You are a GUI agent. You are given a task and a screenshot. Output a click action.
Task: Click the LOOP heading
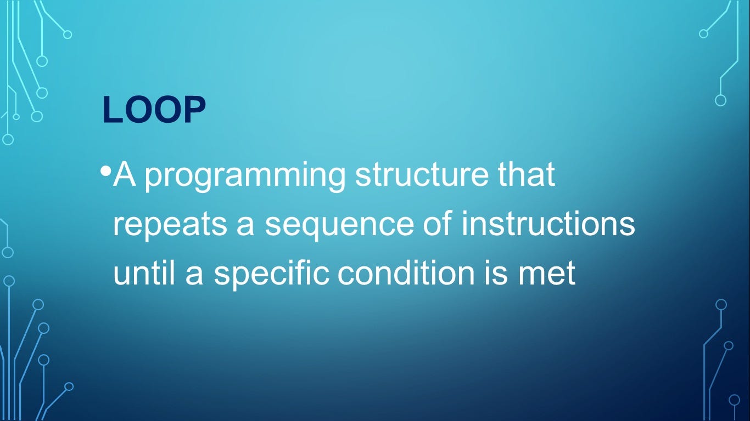coord(154,110)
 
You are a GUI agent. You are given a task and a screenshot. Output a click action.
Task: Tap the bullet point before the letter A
coord(106,171)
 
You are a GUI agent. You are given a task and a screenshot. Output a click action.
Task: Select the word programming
coord(244,176)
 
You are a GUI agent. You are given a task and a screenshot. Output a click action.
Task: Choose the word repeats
coord(170,225)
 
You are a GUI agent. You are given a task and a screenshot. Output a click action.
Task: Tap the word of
coord(437,224)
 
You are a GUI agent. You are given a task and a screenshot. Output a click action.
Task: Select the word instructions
coord(548,224)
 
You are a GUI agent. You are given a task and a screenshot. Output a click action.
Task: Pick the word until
coord(144,273)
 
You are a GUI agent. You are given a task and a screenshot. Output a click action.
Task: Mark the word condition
coord(406,273)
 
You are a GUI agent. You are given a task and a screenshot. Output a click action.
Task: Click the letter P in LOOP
coord(194,110)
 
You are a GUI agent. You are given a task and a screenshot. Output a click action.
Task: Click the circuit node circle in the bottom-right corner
coord(734,400)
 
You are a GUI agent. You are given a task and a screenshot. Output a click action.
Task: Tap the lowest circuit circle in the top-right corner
coord(721,100)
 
